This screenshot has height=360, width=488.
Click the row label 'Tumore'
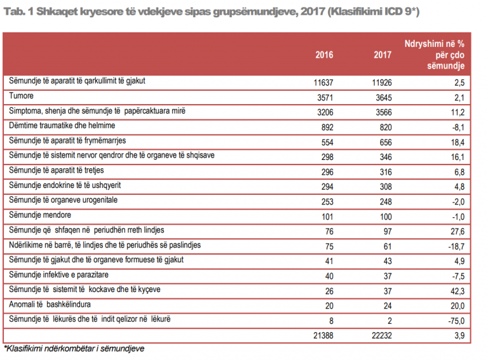pyautogui.click(x=21, y=96)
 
